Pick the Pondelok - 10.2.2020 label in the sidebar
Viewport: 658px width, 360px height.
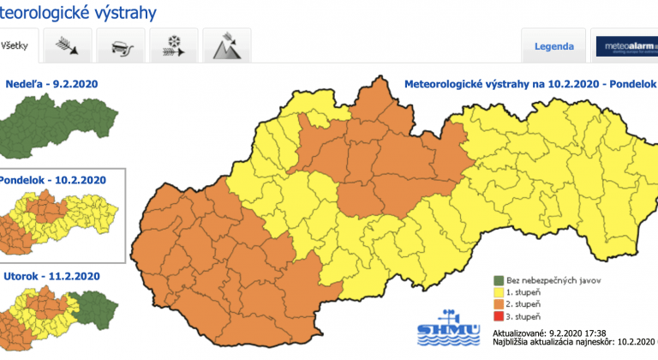[x=53, y=180]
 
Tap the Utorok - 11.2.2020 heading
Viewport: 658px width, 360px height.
[x=51, y=276]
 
